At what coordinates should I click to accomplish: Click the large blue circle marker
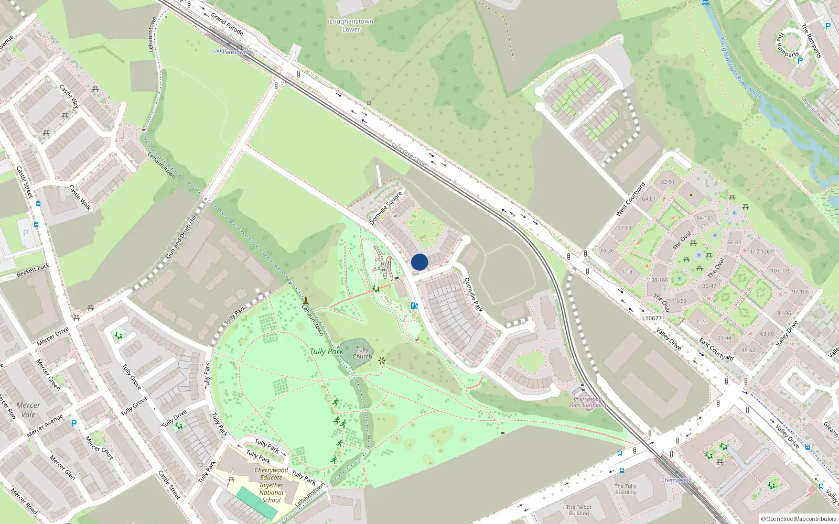point(419,262)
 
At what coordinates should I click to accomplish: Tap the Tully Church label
point(362,353)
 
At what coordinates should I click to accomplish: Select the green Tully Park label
point(326,351)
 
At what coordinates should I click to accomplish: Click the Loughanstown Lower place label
point(351,25)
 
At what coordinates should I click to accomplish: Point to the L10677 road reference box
point(652,318)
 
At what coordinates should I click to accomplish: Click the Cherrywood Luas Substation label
point(587,402)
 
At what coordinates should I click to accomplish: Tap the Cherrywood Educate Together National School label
point(271,485)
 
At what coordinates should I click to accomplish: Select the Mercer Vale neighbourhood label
point(28,409)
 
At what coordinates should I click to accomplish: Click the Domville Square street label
point(386,208)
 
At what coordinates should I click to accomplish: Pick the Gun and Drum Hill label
point(181,236)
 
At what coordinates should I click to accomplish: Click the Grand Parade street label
point(227,24)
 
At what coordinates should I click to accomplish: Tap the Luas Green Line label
point(409,154)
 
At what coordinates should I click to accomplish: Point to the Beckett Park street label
point(33,270)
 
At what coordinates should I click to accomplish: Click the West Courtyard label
point(631,199)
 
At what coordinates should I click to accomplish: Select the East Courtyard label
point(716,350)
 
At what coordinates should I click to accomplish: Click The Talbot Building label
point(579,510)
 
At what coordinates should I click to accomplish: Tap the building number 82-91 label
point(668,182)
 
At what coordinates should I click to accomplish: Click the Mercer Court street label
point(99,447)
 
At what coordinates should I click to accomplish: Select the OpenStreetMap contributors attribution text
point(798,519)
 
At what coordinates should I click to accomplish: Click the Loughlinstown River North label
point(740,68)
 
